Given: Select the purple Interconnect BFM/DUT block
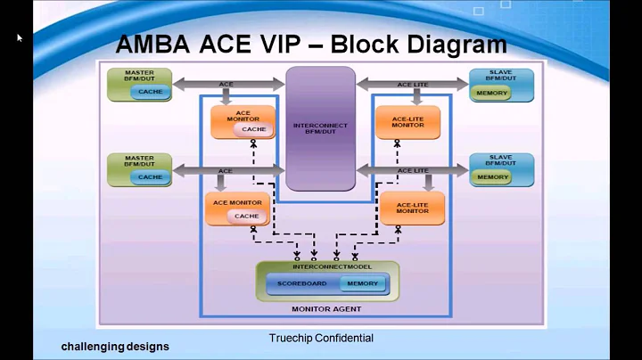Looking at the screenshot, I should [x=321, y=126].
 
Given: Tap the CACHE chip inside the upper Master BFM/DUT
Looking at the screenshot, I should [x=151, y=92].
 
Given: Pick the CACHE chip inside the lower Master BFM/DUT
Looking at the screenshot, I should [x=151, y=176].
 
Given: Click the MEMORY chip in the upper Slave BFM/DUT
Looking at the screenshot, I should [x=492, y=92].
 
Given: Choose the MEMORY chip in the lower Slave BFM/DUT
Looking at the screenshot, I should [x=492, y=176].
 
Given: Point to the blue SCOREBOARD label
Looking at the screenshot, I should [x=301, y=283].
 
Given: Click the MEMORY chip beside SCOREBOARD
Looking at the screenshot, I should [x=362, y=283].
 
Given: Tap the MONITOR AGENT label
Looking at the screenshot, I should [x=327, y=308].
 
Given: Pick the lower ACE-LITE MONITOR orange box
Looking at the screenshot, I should [x=413, y=207].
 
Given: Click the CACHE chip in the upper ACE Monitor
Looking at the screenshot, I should [x=254, y=129].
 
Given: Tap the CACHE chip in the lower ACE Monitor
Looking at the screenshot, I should [x=246, y=216].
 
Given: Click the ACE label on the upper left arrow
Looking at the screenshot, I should [x=226, y=85].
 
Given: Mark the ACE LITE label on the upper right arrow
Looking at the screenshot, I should [x=413, y=85].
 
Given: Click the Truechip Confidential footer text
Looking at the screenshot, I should [x=321, y=338].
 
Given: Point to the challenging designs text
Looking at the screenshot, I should [x=115, y=346].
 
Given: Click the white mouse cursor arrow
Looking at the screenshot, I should [x=19, y=37].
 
